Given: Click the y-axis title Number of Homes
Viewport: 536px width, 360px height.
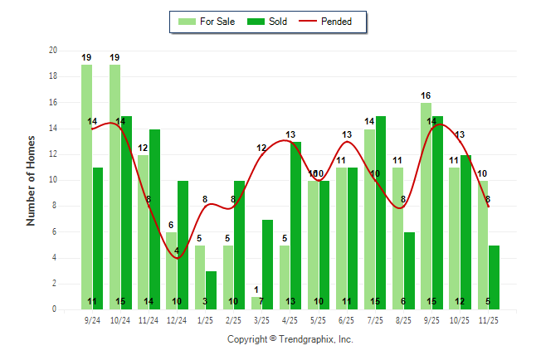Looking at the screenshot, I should pos(31,180).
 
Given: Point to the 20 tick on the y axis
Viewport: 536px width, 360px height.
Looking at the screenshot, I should pos(53,51).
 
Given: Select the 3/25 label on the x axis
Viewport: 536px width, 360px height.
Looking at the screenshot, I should pos(262,319).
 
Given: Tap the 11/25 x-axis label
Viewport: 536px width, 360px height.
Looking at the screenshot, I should pos(488,319).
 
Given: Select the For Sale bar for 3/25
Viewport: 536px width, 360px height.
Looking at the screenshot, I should pos(256,303).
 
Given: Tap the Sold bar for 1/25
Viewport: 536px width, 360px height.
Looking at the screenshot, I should pos(211,290).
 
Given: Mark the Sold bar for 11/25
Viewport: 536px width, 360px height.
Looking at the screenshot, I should pos(494,277).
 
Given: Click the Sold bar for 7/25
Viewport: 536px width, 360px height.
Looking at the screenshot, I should pos(381,212).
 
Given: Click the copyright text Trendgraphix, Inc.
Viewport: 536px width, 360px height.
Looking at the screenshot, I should pos(290,339).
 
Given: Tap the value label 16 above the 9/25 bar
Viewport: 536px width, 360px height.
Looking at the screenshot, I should pos(426,95).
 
